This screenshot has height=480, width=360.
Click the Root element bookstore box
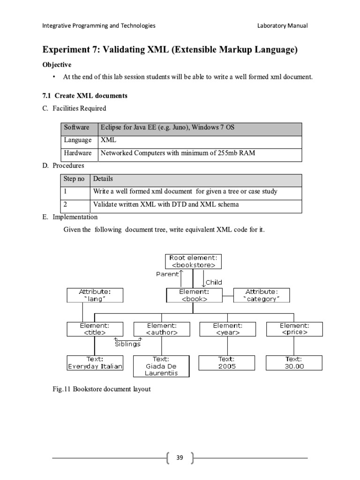click(x=194, y=261)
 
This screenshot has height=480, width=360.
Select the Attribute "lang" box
click(x=95, y=295)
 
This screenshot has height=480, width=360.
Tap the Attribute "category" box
click(x=262, y=295)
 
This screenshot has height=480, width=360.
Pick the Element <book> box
click(x=194, y=295)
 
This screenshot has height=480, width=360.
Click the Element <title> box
click(x=95, y=329)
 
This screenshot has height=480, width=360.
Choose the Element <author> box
click(x=162, y=329)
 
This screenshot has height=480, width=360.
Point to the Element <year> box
click(x=228, y=329)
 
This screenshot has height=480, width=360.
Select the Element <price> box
click(x=294, y=329)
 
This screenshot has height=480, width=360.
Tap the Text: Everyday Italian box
click(x=95, y=363)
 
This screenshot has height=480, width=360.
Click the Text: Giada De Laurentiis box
click(x=162, y=366)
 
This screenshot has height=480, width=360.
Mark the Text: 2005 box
click(x=228, y=363)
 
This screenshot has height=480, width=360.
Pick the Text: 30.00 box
click(x=294, y=363)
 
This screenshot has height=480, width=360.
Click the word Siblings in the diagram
click(x=128, y=344)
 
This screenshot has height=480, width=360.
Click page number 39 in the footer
click(x=180, y=457)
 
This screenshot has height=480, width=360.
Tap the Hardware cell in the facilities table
click(x=78, y=153)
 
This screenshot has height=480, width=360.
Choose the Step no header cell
click(x=75, y=179)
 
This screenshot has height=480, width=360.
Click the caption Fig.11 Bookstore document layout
click(x=101, y=389)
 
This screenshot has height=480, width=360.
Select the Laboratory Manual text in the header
click(x=282, y=26)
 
